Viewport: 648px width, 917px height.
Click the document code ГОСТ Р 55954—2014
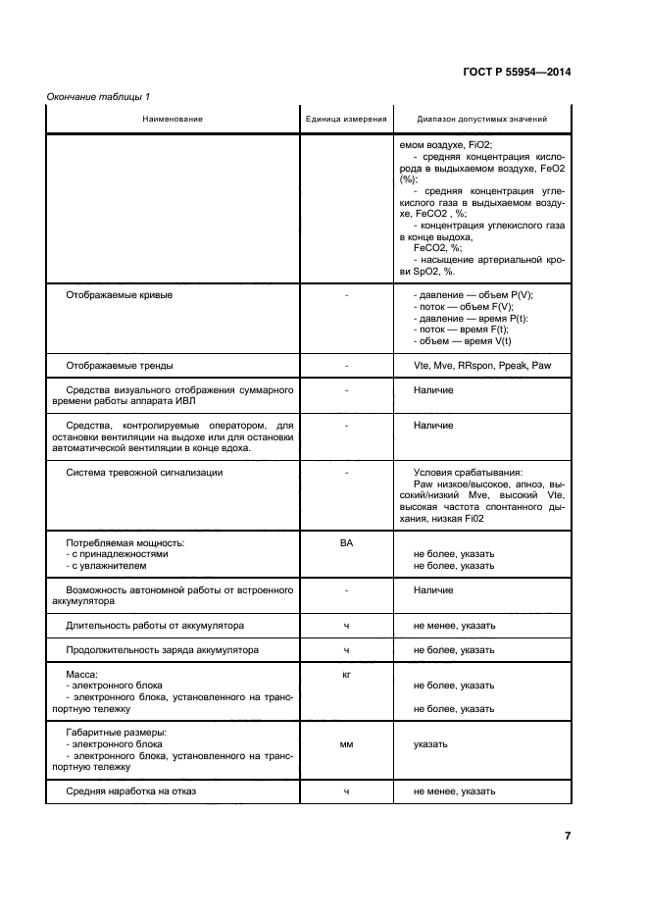tap(517, 73)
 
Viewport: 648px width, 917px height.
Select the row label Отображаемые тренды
tap(119, 365)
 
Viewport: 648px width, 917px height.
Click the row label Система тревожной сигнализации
tap(143, 472)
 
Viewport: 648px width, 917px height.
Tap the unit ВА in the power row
tap(346, 541)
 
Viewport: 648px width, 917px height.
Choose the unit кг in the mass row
tap(346, 673)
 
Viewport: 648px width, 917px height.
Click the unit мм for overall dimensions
tap(346, 744)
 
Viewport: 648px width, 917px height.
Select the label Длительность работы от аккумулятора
tap(155, 625)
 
